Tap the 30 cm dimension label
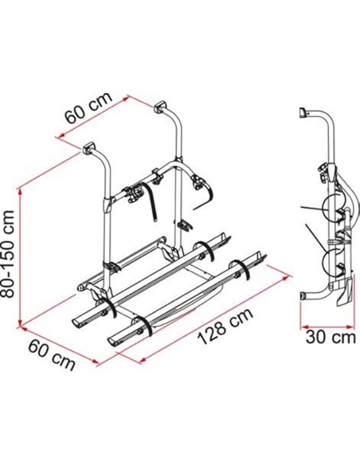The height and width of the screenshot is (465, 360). coord(331,337)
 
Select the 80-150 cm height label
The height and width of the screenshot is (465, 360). coord(7,253)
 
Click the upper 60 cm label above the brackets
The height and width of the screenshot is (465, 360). coord(89,107)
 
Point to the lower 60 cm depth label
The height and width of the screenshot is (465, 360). coord(51,355)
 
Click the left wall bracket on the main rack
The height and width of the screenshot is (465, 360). coord(88,148)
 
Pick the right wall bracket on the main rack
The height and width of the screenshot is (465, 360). coord(160,107)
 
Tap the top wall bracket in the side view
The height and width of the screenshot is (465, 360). coord(303,113)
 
